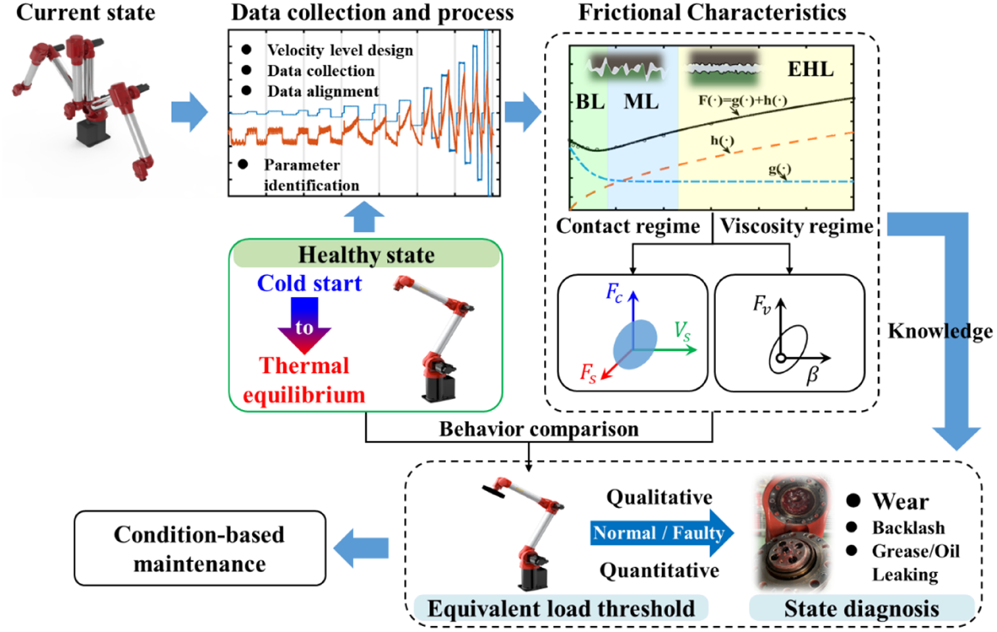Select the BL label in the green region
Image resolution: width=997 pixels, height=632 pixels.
590,101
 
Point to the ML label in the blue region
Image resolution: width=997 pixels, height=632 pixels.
641,101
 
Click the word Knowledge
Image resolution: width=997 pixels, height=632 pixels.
940,331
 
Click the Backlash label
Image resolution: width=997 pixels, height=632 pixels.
909,528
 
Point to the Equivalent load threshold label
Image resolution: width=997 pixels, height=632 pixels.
561,608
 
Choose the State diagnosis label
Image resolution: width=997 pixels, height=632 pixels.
862,608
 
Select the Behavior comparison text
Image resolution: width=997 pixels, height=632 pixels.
539,429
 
